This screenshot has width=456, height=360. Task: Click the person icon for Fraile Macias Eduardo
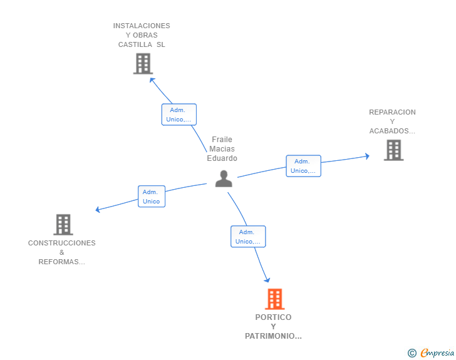(x=224, y=178)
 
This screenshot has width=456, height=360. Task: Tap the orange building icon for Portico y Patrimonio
(x=274, y=299)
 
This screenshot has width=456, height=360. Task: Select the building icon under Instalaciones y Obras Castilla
(x=143, y=64)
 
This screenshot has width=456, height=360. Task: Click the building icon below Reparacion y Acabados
(x=394, y=150)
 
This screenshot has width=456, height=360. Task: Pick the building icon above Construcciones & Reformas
(x=63, y=225)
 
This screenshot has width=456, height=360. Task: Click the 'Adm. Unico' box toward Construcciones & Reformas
(x=152, y=197)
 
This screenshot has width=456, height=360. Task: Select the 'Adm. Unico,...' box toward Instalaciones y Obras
(x=179, y=115)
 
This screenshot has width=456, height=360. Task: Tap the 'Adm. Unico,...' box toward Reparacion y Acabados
(x=303, y=166)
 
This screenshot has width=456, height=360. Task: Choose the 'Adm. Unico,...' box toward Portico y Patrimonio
(x=248, y=237)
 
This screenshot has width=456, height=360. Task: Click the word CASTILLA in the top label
(x=135, y=44)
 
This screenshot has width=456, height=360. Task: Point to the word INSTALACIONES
(x=142, y=26)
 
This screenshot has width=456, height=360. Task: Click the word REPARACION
(x=392, y=112)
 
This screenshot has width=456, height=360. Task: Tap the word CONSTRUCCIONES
(x=61, y=243)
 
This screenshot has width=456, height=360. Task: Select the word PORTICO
(x=273, y=317)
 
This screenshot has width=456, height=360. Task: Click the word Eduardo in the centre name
(x=222, y=158)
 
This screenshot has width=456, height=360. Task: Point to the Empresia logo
(x=437, y=353)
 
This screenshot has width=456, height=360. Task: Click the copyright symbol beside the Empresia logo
(x=412, y=353)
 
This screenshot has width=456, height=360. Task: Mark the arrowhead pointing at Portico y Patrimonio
(x=267, y=280)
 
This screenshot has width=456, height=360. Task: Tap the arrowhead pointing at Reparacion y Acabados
(x=368, y=157)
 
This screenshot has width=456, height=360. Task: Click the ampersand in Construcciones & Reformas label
(x=61, y=252)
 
